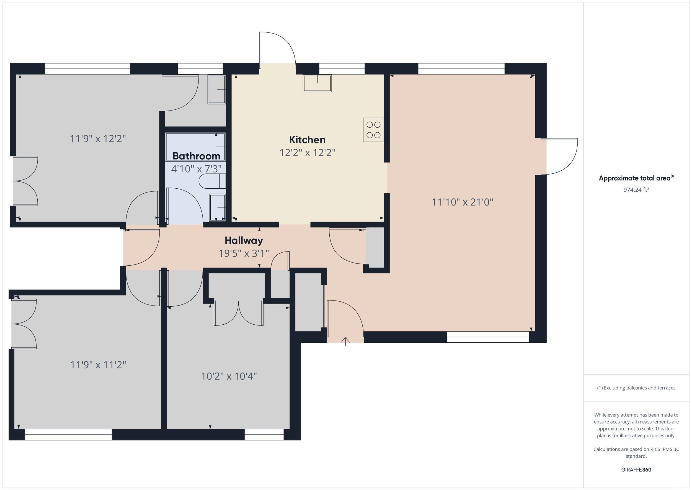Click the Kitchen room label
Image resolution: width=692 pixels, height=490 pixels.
[x=307, y=140]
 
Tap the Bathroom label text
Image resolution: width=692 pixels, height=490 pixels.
[x=196, y=156]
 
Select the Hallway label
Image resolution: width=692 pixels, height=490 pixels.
[x=244, y=240]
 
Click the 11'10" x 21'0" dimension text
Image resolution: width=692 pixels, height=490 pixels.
[x=462, y=202]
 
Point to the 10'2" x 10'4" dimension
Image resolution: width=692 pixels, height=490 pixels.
[x=229, y=376]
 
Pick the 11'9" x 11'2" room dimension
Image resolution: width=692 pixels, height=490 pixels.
[x=98, y=365]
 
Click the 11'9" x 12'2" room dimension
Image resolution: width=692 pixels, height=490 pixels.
[x=98, y=138]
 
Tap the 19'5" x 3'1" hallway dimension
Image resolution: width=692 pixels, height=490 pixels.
[x=244, y=253]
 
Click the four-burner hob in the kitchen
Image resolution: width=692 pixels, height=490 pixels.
[x=373, y=130]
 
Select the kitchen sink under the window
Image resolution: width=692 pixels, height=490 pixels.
[x=317, y=83]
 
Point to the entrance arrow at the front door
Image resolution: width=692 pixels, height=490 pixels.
[x=345, y=342]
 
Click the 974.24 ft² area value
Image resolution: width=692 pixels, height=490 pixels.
[x=636, y=189]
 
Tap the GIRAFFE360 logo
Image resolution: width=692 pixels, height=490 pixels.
[x=636, y=470]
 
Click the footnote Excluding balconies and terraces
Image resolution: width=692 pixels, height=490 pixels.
[x=636, y=388]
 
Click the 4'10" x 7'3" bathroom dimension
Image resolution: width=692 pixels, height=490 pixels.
[x=196, y=169]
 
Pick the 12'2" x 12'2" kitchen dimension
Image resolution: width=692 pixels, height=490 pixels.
[x=307, y=152]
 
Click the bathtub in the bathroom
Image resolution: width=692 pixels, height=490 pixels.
[x=195, y=147]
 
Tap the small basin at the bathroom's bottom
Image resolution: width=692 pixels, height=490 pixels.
[x=217, y=207]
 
